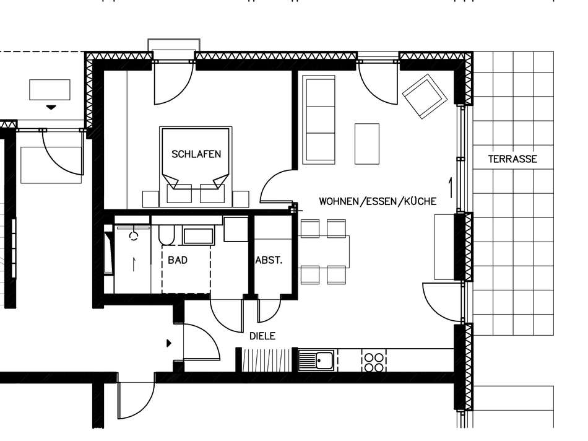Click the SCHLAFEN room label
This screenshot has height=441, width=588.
click(x=196, y=154)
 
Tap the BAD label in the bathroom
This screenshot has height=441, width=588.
click(x=178, y=260)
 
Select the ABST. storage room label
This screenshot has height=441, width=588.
click(x=269, y=260)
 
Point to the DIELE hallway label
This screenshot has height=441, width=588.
click(x=262, y=336)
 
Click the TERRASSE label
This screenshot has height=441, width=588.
click(x=512, y=159)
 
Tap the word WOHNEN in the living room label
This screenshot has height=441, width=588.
click(x=339, y=201)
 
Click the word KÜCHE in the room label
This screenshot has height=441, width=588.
click(x=420, y=201)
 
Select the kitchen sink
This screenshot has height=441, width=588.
click(x=316, y=360)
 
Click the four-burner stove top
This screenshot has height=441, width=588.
click(x=374, y=361)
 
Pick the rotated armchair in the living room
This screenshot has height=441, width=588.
click(x=425, y=96)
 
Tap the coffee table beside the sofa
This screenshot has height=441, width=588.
click(x=367, y=144)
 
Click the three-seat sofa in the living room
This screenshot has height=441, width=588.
click(x=318, y=120)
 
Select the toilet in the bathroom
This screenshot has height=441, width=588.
click(x=166, y=235)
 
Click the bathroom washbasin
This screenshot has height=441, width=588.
click(x=198, y=235)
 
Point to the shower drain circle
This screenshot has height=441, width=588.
click(x=134, y=237)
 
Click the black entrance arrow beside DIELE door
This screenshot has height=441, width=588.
click(x=169, y=343)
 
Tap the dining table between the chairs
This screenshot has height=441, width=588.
click(x=325, y=251)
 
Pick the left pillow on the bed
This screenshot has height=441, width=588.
click(x=179, y=193)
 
